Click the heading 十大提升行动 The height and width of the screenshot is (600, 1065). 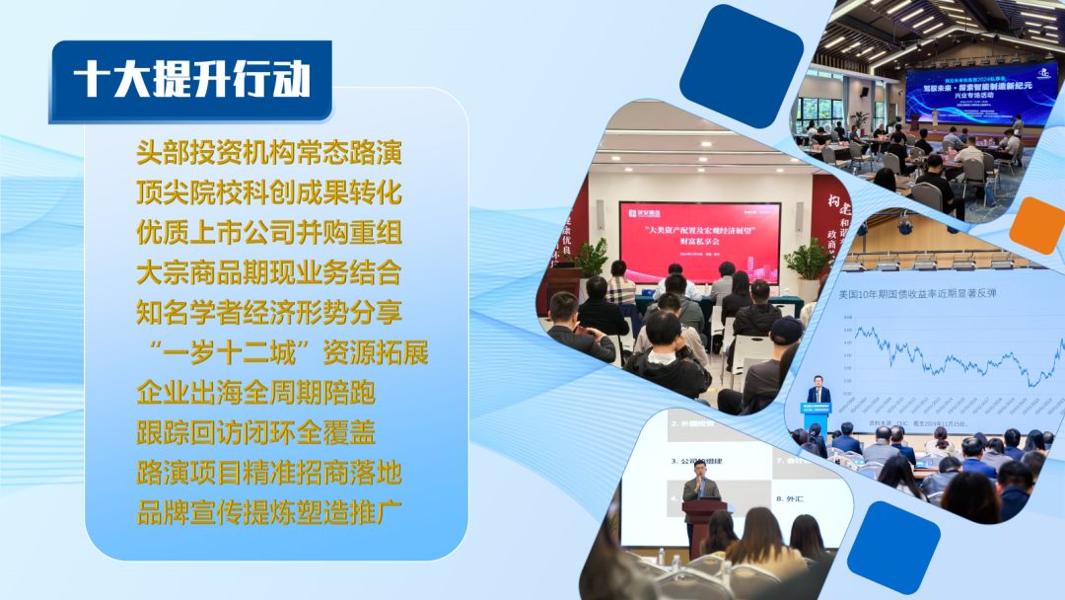pyautogui.click(x=191, y=80)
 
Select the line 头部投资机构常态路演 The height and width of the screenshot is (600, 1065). pyautogui.click(x=269, y=154)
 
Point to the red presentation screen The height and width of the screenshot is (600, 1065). pyautogui.click(x=699, y=242)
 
